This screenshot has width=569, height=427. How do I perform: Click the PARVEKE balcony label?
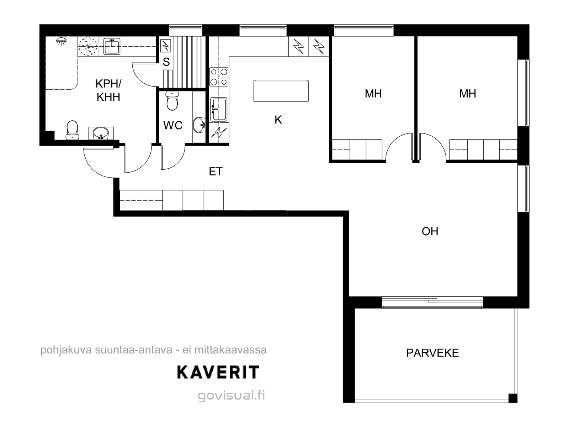432,353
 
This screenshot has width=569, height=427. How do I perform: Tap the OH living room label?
430,232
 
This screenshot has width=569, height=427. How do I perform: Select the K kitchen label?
278,120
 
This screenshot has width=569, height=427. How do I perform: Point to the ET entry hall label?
216,172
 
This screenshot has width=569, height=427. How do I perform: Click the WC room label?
173,126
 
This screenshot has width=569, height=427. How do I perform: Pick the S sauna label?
166,62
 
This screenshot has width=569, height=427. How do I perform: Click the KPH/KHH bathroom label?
108,90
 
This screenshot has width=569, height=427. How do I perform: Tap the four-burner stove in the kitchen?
219,77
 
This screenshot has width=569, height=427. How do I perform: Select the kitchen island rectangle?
281,91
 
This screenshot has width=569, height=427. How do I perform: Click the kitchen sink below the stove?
219,109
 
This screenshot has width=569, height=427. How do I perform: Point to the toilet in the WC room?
172,101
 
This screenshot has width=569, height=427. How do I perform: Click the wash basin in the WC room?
200,125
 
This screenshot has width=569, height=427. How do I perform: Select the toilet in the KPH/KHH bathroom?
72,130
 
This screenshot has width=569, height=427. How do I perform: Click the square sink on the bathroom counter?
112,47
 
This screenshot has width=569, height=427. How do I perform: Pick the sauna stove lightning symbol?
165,46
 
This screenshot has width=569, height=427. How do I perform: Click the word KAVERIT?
218,373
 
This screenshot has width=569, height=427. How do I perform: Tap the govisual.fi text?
231,396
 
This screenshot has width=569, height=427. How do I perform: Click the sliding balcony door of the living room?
432,302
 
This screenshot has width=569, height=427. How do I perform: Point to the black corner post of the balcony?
513,398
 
